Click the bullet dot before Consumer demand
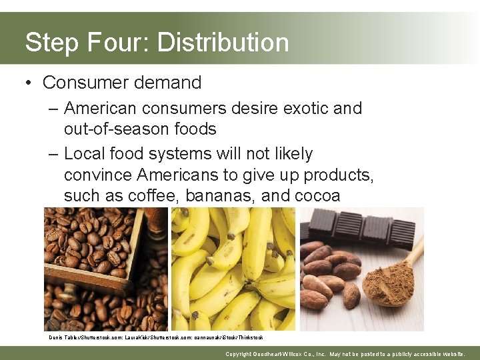coord(28,83)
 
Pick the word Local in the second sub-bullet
coord(87,154)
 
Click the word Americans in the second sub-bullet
coord(186,175)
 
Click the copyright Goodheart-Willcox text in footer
coord(345,354)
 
